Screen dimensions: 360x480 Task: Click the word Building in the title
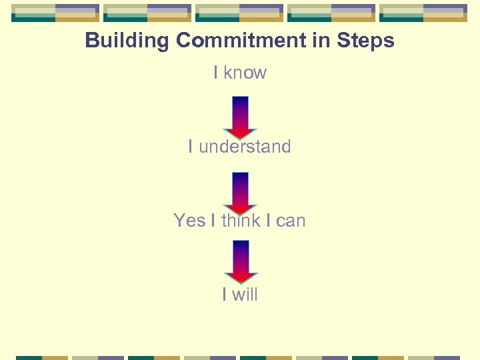[127, 41]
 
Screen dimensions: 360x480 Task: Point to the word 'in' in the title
[323, 41]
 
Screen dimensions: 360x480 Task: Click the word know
[245, 73]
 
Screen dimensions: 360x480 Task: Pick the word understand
[245, 147]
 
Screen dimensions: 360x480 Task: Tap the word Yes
[189, 221]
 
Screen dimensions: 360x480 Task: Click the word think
[241, 221]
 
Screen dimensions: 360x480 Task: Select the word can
[291, 221]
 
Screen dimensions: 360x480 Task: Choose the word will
[244, 294]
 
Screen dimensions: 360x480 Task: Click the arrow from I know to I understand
[240, 117]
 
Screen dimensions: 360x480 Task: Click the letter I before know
[216, 73]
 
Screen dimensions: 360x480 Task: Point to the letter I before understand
[191, 147]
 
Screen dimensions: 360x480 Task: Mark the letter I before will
[225, 294]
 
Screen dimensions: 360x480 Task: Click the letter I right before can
[268, 221]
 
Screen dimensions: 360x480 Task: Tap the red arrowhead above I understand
[240, 132]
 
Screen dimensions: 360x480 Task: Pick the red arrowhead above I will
[241, 277]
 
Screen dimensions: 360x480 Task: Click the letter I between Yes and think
[213, 221]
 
